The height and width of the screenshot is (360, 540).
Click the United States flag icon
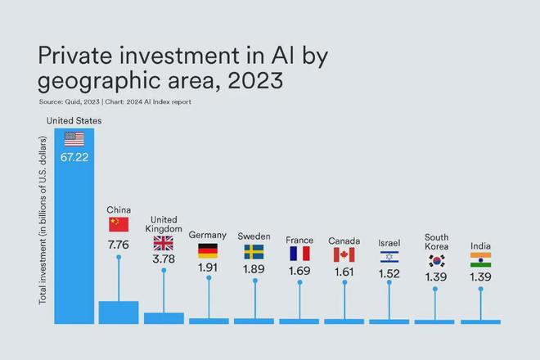click(x=74, y=138)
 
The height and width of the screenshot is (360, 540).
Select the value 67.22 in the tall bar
click(x=74, y=156)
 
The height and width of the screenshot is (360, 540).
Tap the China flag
click(x=119, y=224)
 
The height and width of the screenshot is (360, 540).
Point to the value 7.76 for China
click(x=119, y=244)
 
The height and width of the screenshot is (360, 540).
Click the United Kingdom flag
click(x=164, y=243)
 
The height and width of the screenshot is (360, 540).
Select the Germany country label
click(x=208, y=236)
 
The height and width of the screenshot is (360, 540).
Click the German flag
click(x=208, y=251)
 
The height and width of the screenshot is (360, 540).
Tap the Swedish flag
click(x=254, y=251)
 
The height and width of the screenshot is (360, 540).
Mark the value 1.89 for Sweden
click(x=254, y=268)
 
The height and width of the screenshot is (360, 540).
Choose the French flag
click(x=299, y=254)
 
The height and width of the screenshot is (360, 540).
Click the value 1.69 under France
click(x=299, y=270)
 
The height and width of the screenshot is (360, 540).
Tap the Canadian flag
click(x=344, y=254)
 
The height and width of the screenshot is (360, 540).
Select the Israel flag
click(x=389, y=256)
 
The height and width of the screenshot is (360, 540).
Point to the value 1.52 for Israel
click(x=389, y=272)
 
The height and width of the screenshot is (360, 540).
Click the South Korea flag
click(x=436, y=262)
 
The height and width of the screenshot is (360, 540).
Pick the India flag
click(x=481, y=260)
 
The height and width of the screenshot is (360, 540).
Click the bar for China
click(x=119, y=313)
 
